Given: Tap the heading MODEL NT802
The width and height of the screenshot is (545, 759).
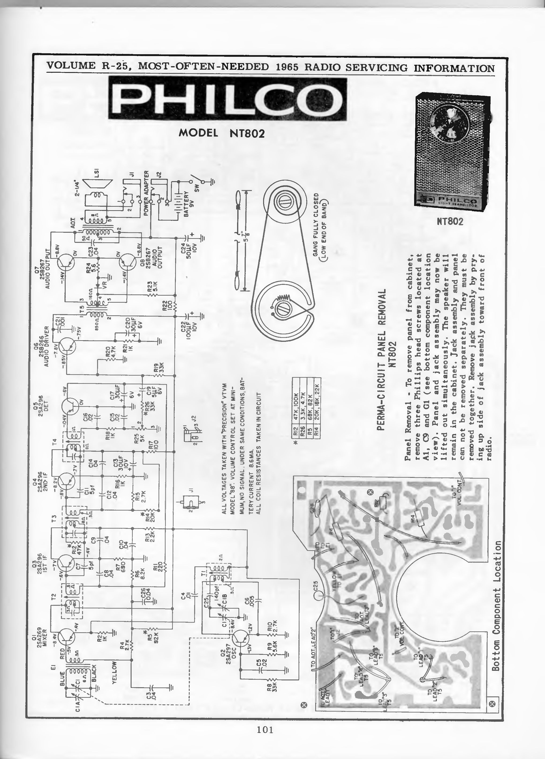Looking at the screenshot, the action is tap(222, 133).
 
